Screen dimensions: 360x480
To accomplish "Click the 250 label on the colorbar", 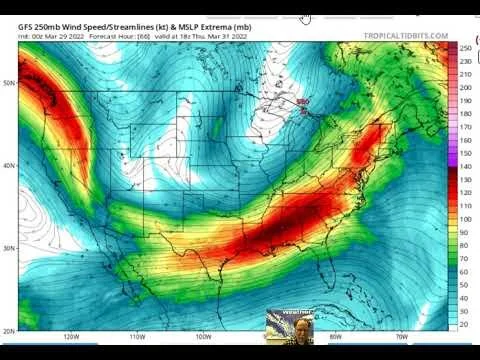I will pyautogui.click(x=466, y=48).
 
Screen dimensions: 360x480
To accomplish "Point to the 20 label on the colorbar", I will pyautogui.click(x=466, y=324).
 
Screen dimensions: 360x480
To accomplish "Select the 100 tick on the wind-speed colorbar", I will pyautogui.click(x=466, y=219).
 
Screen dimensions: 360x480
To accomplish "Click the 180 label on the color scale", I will pyautogui.click(x=466, y=114).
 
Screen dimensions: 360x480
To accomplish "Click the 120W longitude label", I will pyautogui.click(x=70, y=338).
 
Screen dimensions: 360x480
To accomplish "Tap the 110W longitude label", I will pyautogui.click(x=137, y=338).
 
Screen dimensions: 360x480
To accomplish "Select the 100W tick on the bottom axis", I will pyautogui.click(x=203, y=338).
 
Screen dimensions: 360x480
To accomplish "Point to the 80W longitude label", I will pyautogui.click(x=335, y=338).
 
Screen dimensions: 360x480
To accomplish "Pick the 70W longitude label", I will pyautogui.click(x=401, y=338).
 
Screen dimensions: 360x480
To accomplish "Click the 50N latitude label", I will pyautogui.click(x=9, y=83).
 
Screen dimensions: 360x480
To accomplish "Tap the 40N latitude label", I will pyautogui.click(x=9, y=166).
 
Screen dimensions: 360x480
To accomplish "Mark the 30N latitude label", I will pyautogui.click(x=9, y=248).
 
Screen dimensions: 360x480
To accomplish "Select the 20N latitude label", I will pyautogui.click(x=9, y=330).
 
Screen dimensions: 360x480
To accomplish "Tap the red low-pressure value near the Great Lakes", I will pyautogui.click(x=304, y=101).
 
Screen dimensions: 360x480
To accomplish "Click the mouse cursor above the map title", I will pyautogui.click(x=304, y=17).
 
